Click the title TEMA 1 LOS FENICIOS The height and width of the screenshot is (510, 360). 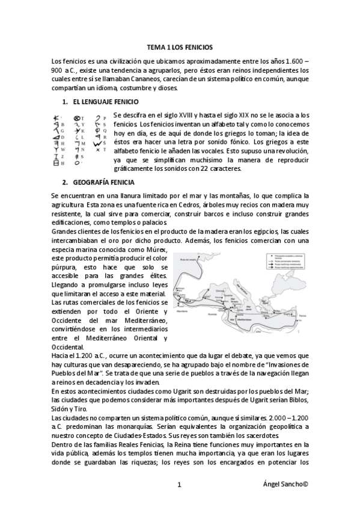[x=180, y=46]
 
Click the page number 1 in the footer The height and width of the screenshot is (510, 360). [x=180, y=485]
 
